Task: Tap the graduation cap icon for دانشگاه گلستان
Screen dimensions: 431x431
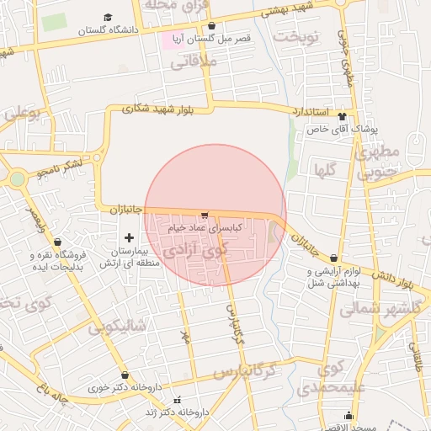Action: [x=108, y=17]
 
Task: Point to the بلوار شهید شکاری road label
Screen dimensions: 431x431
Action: [x=157, y=109]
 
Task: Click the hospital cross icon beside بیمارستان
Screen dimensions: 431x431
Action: [x=128, y=238]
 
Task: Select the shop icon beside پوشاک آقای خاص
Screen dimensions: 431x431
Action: [x=341, y=116]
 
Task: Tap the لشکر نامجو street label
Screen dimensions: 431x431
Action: [x=61, y=168]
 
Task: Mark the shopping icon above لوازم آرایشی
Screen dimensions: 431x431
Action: [x=335, y=258]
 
